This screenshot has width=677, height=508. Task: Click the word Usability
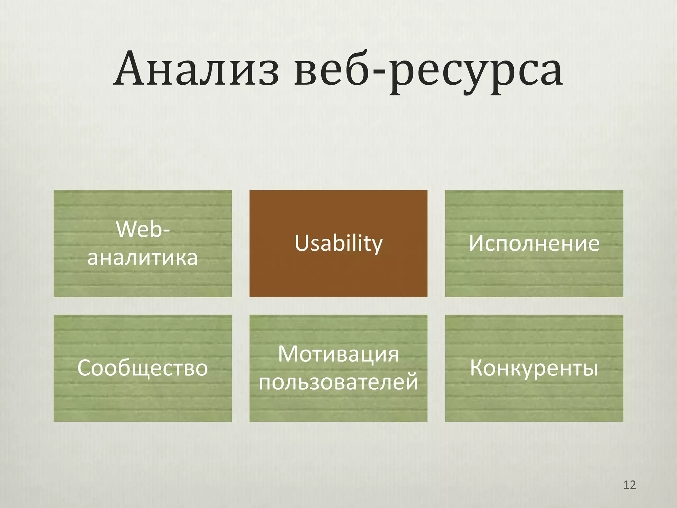(x=338, y=244)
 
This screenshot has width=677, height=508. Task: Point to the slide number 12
(x=629, y=485)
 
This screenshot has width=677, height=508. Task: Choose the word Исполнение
(x=534, y=243)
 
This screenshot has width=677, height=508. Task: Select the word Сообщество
(x=142, y=368)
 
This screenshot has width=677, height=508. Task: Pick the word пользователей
(x=338, y=382)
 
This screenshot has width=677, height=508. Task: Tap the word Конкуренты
(x=534, y=368)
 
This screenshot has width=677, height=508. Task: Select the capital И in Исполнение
(x=476, y=243)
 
